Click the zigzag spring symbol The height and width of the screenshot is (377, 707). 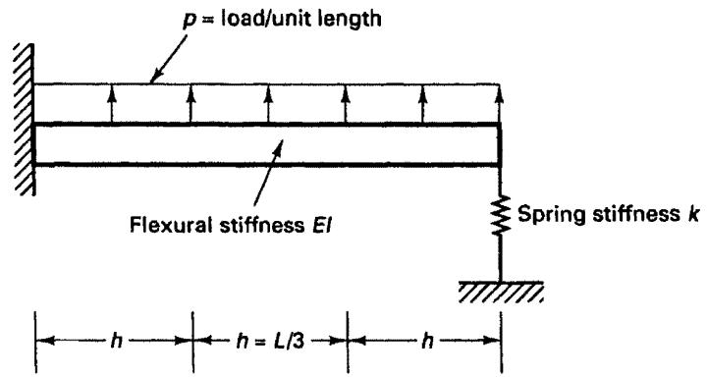500,215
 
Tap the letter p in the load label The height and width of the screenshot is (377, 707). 189,22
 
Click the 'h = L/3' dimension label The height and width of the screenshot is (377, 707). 271,342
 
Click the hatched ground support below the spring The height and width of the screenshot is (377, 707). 501,292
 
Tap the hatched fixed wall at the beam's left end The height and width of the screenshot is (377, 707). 25,119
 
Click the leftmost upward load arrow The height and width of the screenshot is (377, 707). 111,105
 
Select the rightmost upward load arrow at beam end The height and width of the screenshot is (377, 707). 499,105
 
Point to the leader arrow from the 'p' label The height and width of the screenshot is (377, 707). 168,60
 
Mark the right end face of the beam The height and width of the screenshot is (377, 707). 500,144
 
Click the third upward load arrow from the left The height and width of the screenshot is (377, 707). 268,105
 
